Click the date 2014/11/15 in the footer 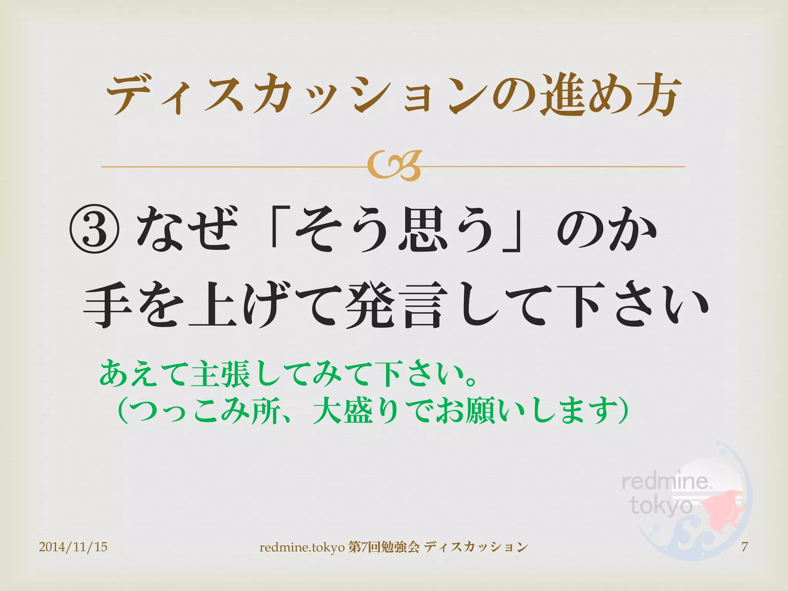[73, 547]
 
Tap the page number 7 [745, 546]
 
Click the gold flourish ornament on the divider [394, 166]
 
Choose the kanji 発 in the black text [371, 305]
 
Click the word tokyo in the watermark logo [661, 506]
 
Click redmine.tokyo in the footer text [302, 547]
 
